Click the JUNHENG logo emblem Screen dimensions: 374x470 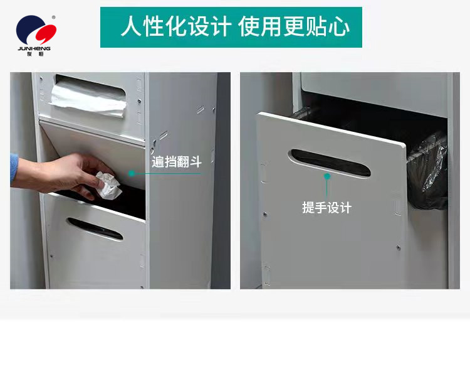point(34,30)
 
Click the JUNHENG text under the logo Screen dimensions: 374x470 point(34,48)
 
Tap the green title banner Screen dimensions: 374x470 point(231,27)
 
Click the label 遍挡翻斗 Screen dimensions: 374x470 point(177,162)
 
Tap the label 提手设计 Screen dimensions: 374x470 point(326,208)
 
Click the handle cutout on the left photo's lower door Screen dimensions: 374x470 point(95,229)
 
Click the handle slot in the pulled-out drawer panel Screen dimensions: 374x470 point(329,163)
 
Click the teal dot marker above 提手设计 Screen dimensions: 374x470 point(326,176)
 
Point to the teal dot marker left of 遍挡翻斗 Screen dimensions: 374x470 point(132,173)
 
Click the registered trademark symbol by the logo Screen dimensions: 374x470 point(53,17)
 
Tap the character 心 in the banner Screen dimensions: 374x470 point(340,27)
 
